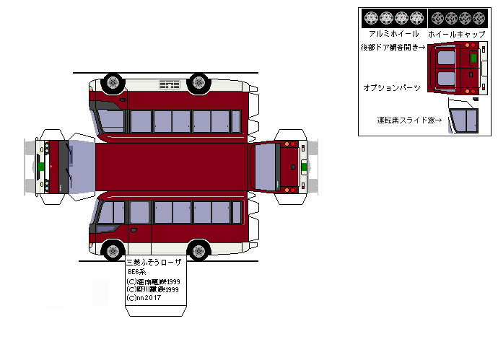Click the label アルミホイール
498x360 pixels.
[393, 34]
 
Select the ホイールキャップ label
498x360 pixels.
[455, 34]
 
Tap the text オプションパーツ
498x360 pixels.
[392, 87]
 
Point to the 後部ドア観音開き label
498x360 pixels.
[393, 48]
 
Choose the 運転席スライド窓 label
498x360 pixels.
[409, 120]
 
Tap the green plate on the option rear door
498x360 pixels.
[473, 57]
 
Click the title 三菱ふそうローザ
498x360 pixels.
[154, 262]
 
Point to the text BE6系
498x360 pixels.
[137, 272]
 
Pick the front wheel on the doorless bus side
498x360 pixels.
[112, 83]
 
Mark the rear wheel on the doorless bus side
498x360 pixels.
[198, 83]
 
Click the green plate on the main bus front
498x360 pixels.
[41, 166]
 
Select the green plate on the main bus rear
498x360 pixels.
[304, 167]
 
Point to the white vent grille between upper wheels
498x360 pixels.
[169, 84]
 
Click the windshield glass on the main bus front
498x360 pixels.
[82, 166]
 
